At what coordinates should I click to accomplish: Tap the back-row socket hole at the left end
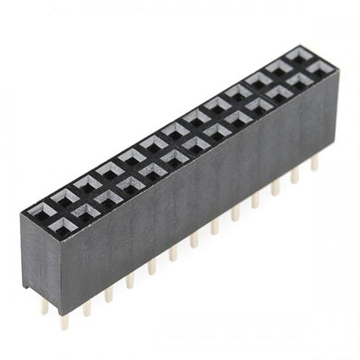click(43, 211)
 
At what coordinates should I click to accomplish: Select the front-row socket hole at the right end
click(319, 70)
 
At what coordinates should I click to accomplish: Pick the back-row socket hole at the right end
click(300, 55)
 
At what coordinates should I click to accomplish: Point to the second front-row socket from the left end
click(85, 213)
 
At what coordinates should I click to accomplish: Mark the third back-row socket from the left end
click(87, 184)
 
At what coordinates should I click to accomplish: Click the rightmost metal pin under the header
click(314, 163)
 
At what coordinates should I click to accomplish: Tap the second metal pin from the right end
click(294, 175)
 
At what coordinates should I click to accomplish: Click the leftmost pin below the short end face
click(44, 305)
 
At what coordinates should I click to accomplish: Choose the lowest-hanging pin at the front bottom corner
click(64, 319)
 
